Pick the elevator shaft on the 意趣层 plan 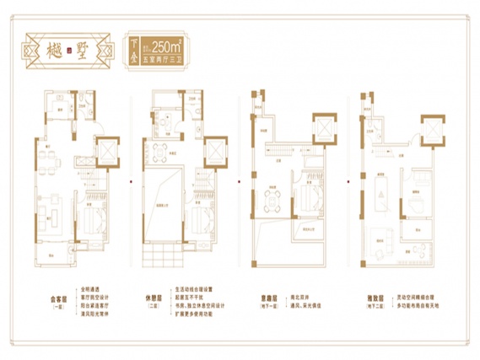(323, 126)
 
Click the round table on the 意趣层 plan (271, 199)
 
